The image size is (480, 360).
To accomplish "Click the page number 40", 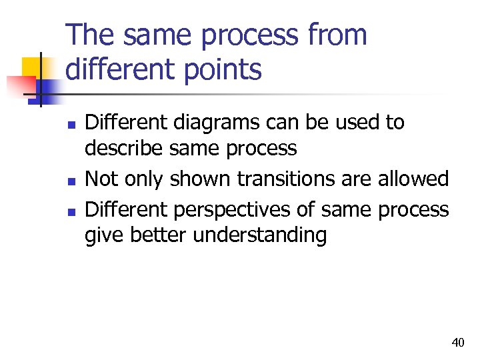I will pyautogui.click(x=457, y=343).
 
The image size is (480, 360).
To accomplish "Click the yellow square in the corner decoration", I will pyautogui.click(x=33, y=68).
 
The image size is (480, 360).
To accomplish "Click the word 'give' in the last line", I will pyautogui.click(x=103, y=235).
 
